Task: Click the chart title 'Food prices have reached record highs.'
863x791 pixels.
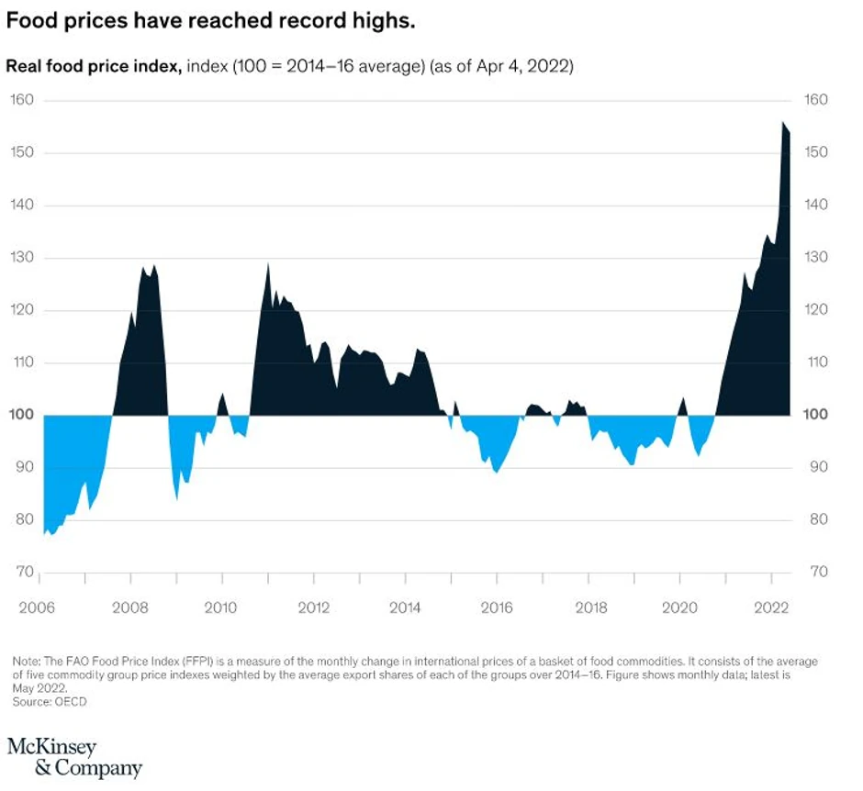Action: tap(211, 21)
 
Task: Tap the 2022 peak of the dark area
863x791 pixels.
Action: tap(783, 123)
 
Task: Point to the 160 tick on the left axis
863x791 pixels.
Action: tap(22, 99)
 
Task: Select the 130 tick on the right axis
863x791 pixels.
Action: tap(816, 257)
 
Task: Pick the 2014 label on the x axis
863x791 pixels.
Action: tap(405, 607)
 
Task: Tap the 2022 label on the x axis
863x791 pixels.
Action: tap(772, 607)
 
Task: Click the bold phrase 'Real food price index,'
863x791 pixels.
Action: tap(94, 67)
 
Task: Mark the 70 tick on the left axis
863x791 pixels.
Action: tap(22, 572)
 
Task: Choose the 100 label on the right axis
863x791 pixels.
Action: tap(816, 415)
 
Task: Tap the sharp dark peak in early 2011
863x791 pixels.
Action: tap(267, 264)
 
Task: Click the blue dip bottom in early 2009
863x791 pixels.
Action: tap(177, 498)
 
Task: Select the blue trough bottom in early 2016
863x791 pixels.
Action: tap(497, 472)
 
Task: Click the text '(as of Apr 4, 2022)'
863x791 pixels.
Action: tap(502, 67)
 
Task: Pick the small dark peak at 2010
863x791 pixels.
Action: tap(221, 395)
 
